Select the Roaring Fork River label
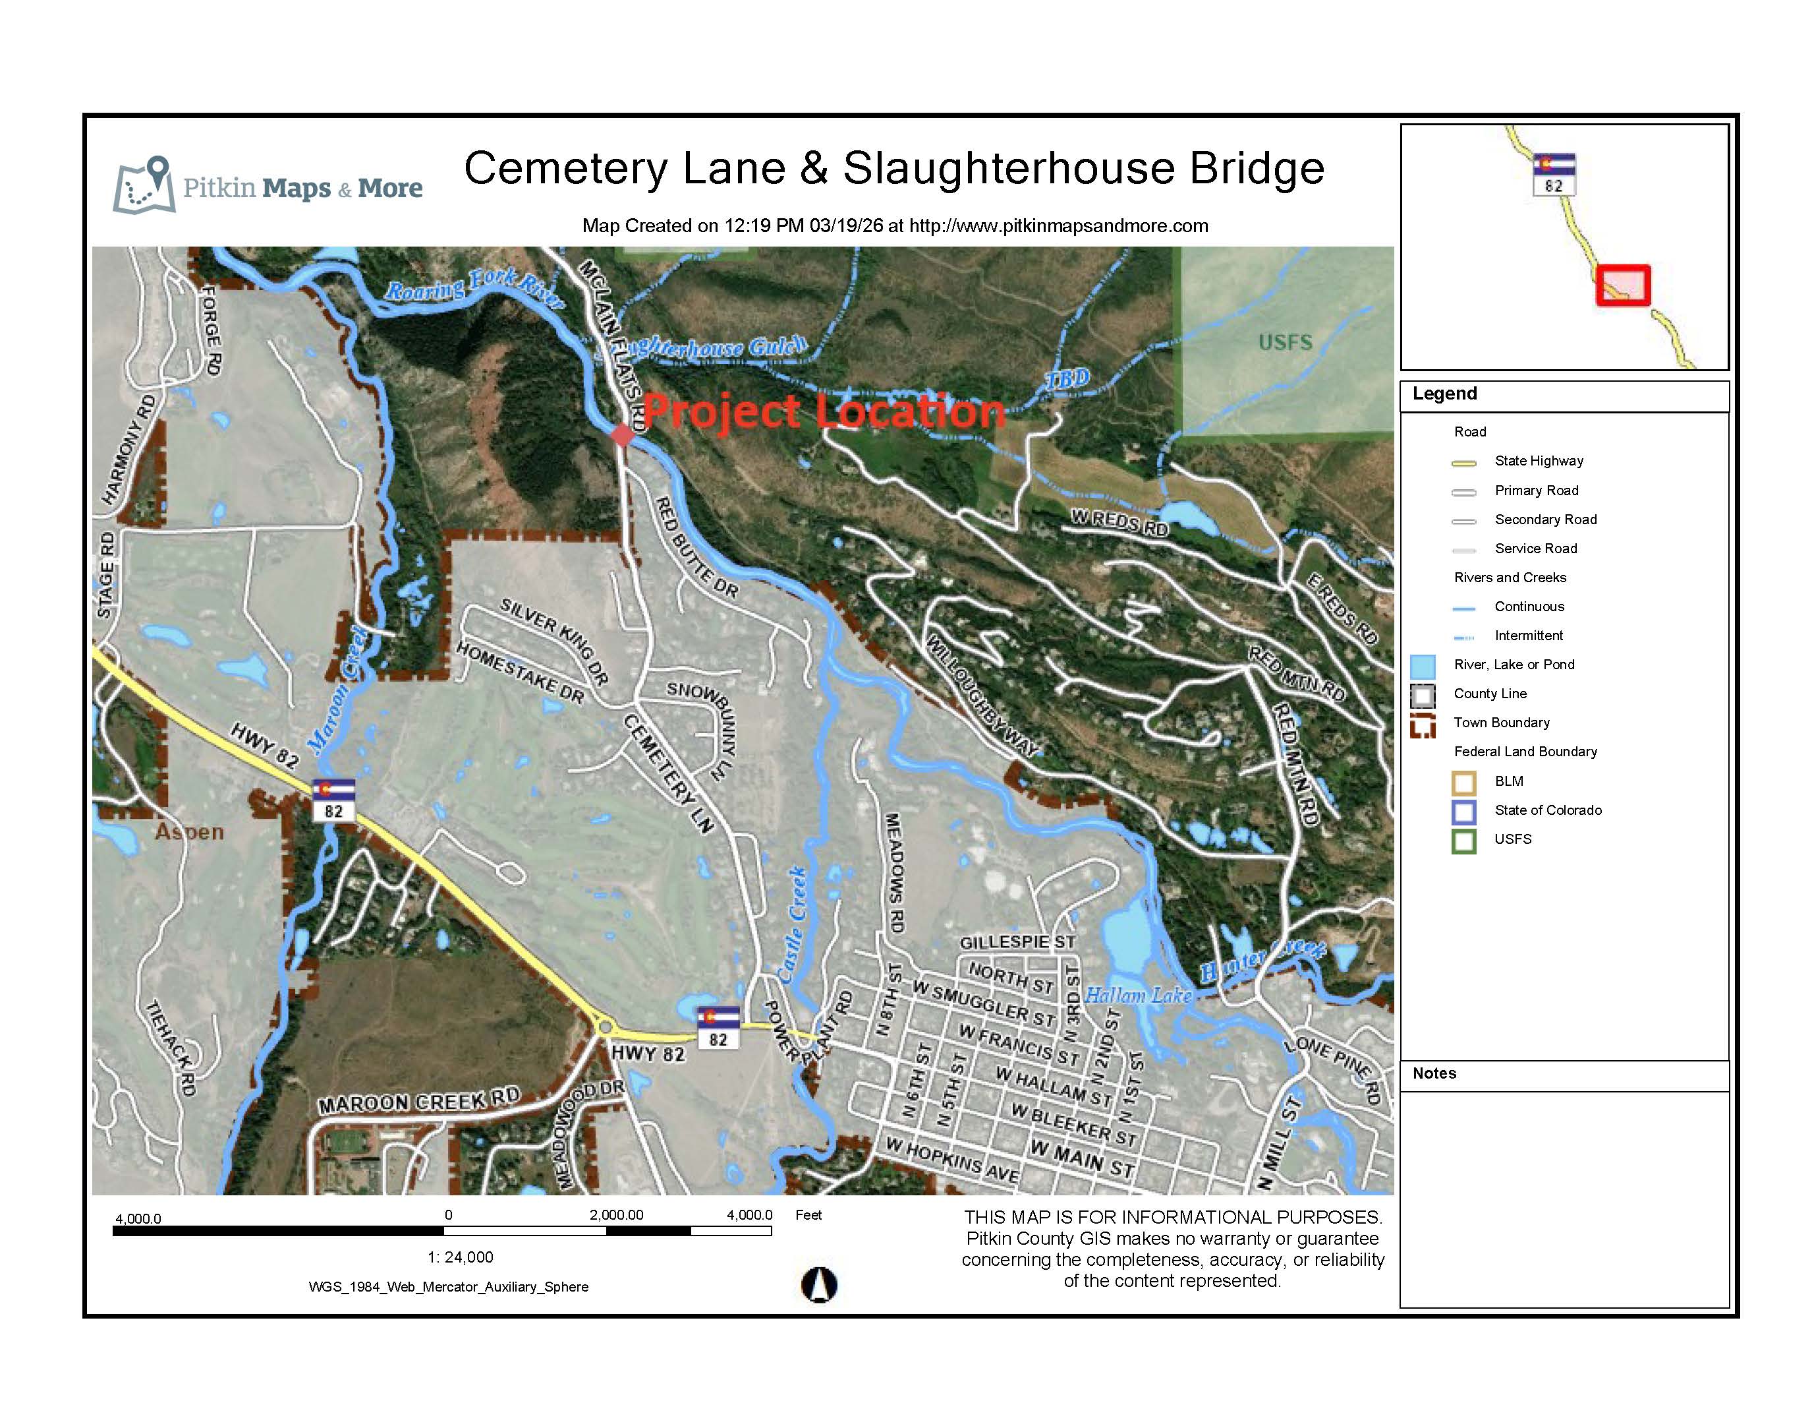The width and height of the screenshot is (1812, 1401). click(474, 288)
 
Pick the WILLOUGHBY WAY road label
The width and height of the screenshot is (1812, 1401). click(982, 696)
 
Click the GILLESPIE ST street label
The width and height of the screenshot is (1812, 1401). click(1017, 942)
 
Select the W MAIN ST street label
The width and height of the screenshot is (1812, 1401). click(1081, 1158)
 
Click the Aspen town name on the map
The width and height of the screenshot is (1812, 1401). click(189, 831)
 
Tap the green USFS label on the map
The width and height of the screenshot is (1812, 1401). click(1285, 342)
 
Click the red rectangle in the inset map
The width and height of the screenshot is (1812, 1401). click(1623, 285)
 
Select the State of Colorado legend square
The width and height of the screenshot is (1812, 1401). click(1463, 811)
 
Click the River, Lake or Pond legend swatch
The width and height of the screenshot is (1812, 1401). click(1423, 666)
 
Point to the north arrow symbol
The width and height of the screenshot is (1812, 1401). click(819, 1285)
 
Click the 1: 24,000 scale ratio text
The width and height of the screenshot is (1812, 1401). click(461, 1257)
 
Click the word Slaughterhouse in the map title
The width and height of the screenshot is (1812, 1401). click(1009, 169)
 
